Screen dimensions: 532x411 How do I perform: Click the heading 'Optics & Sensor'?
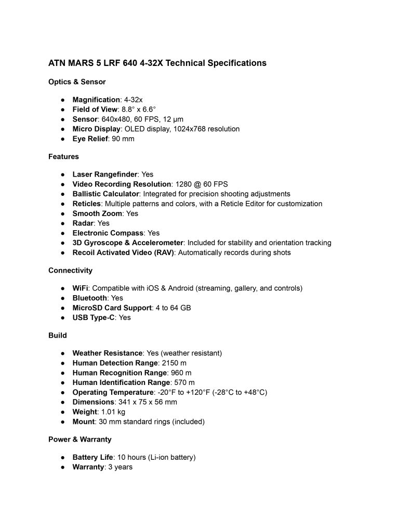pos(77,82)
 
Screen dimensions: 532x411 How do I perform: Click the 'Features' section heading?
pos(63,156)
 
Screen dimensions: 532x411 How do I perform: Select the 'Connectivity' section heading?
pos(70,270)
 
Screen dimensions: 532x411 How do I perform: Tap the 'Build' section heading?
pos(57,335)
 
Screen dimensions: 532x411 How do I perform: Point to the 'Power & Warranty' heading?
pos(79,440)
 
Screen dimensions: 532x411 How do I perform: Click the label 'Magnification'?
pos(96,100)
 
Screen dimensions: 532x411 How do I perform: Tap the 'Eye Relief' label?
pos(90,139)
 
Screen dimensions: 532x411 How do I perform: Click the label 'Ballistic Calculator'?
pos(108,194)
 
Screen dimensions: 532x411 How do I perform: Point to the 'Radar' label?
pos(83,223)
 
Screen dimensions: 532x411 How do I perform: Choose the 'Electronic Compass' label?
pos(109,233)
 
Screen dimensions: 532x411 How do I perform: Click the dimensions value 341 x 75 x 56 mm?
pos(148,402)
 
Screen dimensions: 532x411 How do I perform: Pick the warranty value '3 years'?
pos(120,467)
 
